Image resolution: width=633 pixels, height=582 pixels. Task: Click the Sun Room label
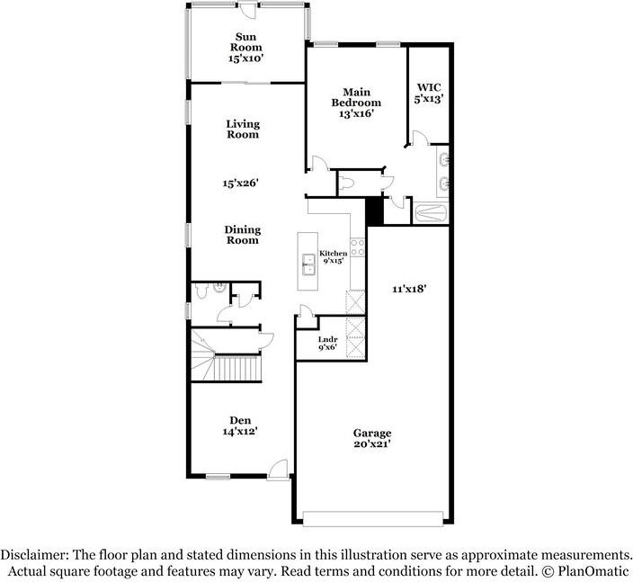(245, 42)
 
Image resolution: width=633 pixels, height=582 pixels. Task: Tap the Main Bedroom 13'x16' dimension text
(355, 114)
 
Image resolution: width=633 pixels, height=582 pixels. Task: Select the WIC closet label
(429, 87)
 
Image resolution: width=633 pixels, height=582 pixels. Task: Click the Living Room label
(243, 130)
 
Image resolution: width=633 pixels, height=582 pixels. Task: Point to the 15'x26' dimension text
(241, 183)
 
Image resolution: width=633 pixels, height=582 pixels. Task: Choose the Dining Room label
(242, 235)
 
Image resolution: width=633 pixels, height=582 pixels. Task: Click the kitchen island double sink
(308, 264)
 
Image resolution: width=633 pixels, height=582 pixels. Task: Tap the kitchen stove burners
(357, 247)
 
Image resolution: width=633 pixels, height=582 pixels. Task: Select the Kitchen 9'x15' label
(333, 257)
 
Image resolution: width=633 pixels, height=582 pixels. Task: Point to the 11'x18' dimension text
(409, 289)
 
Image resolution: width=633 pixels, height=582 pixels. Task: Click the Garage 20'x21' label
(372, 439)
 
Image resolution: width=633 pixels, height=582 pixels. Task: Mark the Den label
(240, 420)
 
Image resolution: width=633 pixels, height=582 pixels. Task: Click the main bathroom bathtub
(432, 213)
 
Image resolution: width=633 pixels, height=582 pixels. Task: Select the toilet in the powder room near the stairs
(201, 291)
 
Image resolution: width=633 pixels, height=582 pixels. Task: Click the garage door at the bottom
(373, 519)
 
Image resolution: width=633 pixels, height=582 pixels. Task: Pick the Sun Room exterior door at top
(249, 10)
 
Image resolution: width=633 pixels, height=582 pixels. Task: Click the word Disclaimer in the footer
(35, 554)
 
